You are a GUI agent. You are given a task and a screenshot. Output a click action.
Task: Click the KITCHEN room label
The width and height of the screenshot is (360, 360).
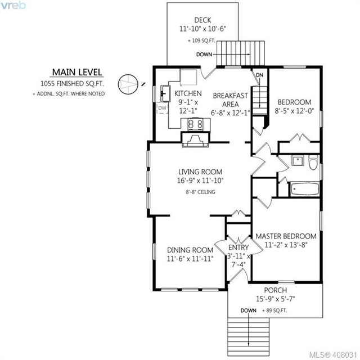[188, 93]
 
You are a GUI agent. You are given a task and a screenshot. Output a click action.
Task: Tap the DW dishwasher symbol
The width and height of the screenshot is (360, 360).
[163, 108]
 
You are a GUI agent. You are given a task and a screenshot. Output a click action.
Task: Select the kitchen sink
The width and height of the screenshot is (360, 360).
[165, 93]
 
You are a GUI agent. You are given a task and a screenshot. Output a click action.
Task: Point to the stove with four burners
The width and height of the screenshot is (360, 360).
[196, 125]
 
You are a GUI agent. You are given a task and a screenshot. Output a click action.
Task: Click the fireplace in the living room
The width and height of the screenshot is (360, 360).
[195, 140]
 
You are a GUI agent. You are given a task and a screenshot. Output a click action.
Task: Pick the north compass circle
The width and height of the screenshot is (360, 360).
[128, 84]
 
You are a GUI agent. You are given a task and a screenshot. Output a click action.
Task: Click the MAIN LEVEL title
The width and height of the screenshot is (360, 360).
[77, 73]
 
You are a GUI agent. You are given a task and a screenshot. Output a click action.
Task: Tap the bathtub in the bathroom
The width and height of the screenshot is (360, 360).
[305, 190]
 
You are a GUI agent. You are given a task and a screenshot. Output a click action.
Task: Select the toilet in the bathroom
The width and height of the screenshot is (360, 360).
[313, 162]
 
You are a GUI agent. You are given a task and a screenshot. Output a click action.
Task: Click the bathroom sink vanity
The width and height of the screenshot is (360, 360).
[298, 160]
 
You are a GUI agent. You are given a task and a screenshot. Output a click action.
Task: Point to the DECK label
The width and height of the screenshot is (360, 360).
[202, 20]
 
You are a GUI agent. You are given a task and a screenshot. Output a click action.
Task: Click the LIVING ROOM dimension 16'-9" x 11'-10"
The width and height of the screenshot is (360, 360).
[200, 181]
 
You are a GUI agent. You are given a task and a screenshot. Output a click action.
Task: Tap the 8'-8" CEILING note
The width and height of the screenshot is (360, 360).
[200, 192]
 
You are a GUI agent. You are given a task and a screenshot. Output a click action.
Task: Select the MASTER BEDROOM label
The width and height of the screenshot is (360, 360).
[286, 236]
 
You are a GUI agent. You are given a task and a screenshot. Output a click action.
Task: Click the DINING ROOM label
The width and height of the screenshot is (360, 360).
[190, 250]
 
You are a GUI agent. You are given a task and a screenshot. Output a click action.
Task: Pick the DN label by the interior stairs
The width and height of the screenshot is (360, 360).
[259, 75]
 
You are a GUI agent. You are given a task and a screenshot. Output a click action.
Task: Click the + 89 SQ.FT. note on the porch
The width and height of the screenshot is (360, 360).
[274, 310]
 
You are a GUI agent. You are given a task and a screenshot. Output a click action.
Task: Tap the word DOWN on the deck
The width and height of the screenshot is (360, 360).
[204, 55]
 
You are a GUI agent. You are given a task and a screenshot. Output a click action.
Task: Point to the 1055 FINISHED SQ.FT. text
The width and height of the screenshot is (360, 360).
[72, 84]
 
